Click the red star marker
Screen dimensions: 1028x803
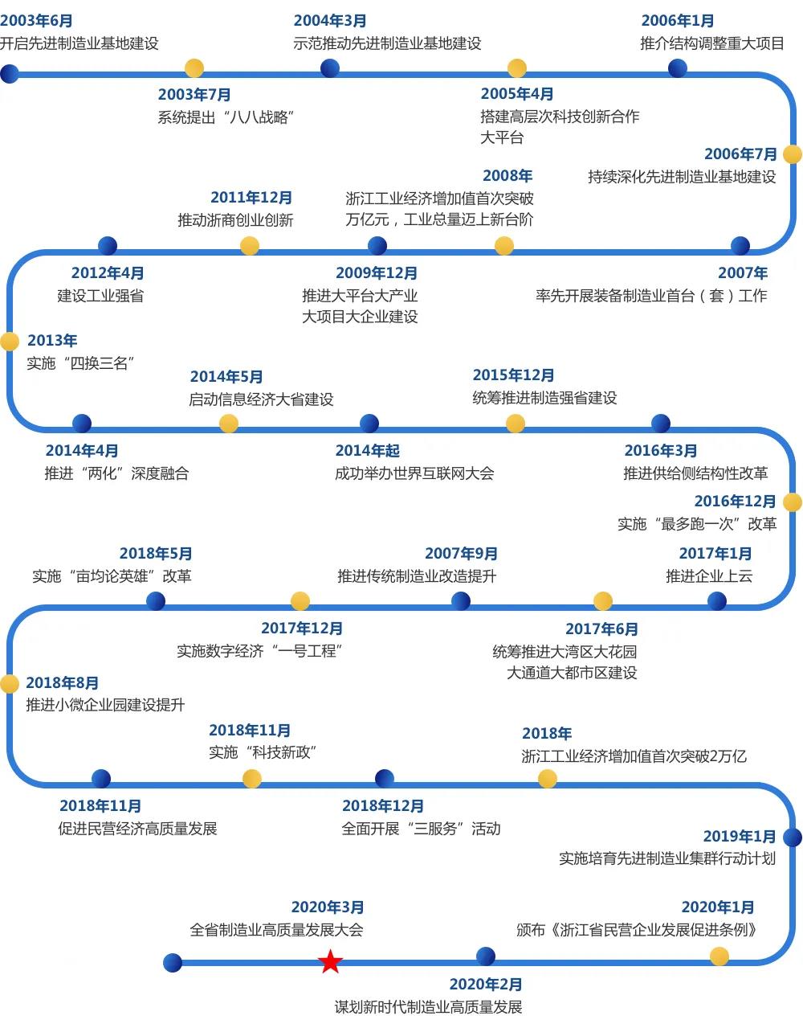pyautogui.click(x=330, y=961)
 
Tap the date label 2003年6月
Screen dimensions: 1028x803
pyautogui.click(x=37, y=21)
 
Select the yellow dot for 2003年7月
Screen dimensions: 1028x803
pyautogui.click(x=194, y=68)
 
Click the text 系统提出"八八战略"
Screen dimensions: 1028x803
pyautogui.click(x=226, y=117)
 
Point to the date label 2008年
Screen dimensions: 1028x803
pyautogui.click(x=507, y=176)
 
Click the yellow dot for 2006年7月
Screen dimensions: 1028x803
pyautogui.click(x=792, y=154)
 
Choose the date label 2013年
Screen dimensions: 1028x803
pyautogui.click(x=52, y=341)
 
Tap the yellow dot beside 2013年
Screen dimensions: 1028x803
pyautogui.click(x=9, y=342)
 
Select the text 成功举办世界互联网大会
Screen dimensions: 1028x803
pyautogui.click(x=414, y=473)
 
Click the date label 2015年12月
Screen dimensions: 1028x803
pyautogui.click(x=513, y=375)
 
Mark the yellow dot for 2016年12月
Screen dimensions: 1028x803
pyautogui.click(x=792, y=502)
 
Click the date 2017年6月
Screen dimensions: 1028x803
pyautogui.click(x=601, y=629)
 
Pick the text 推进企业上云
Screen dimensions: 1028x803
pyautogui.click(x=709, y=576)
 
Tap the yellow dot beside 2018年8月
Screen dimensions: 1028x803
pyautogui.click(x=9, y=684)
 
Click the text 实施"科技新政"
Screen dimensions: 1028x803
pyautogui.click(x=263, y=753)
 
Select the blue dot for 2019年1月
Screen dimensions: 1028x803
pyautogui.click(x=792, y=838)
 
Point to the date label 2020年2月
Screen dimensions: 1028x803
pyautogui.click(x=486, y=985)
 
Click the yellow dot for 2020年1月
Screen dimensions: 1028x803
pyautogui.click(x=719, y=956)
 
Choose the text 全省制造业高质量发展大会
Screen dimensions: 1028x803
pyautogui.click(x=276, y=931)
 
